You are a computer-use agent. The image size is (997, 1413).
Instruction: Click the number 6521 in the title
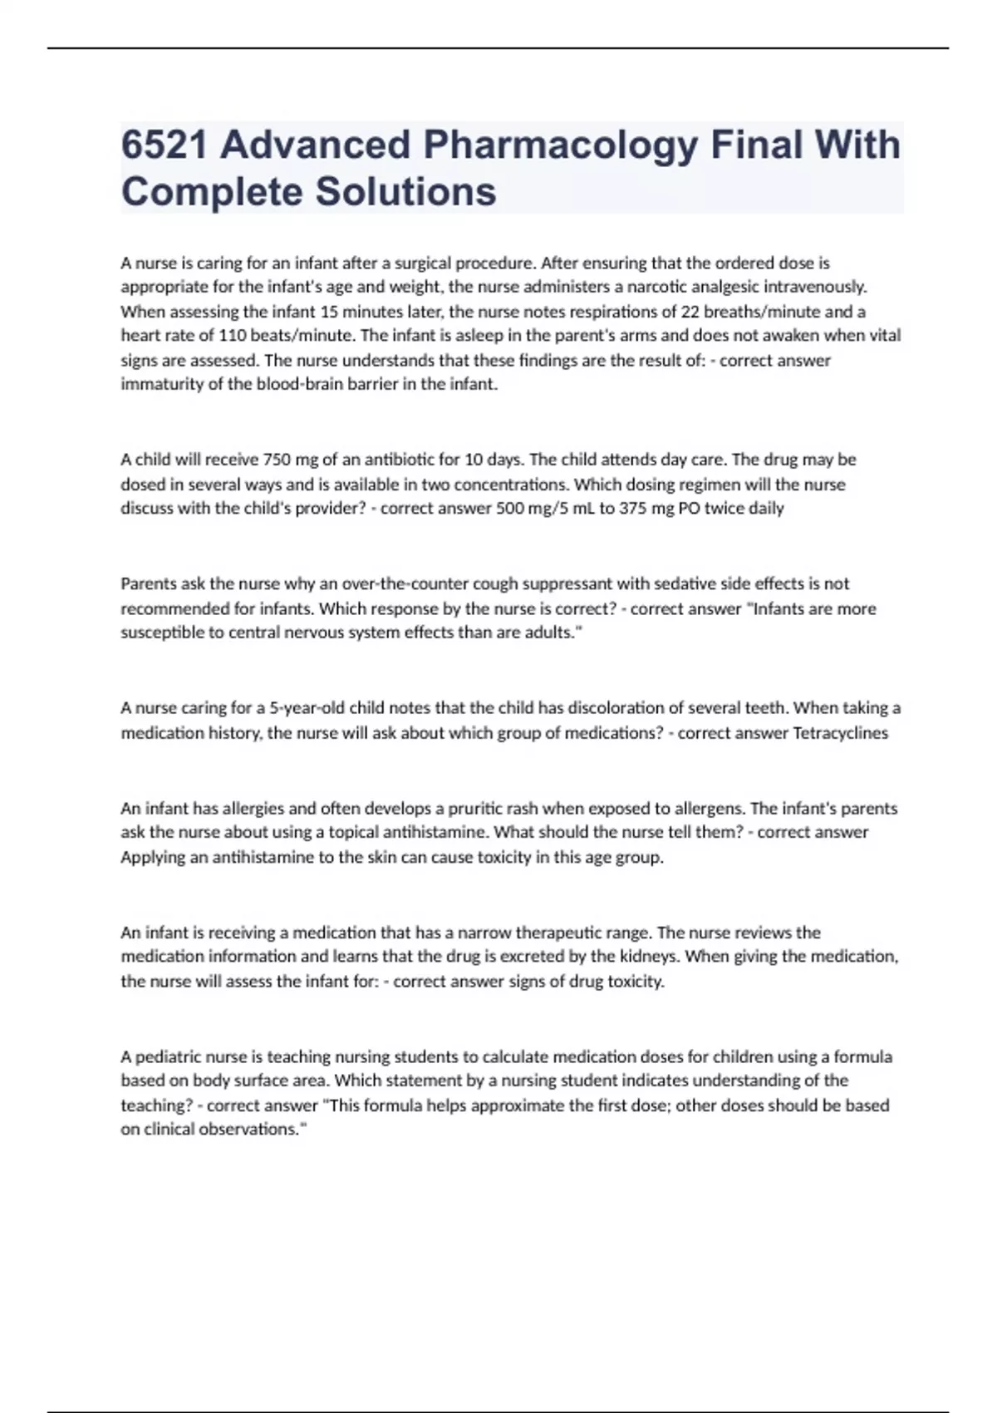pyautogui.click(x=163, y=145)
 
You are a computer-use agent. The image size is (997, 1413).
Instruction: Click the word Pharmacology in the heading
pyautogui.click(x=561, y=145)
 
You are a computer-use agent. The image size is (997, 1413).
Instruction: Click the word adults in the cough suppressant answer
pyautogui.click(x=549, y=633)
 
